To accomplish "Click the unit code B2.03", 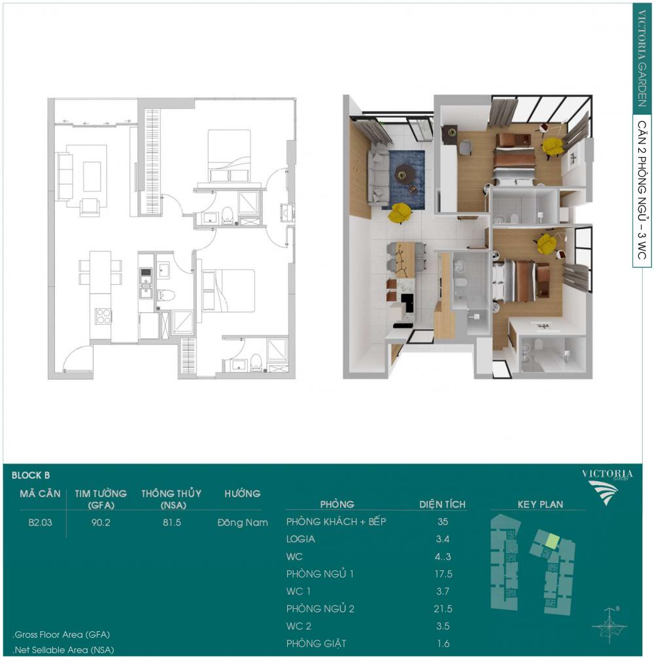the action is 41,522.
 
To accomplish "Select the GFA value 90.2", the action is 101,522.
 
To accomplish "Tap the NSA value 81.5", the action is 172,522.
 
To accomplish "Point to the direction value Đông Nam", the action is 243,522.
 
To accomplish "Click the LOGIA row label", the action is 301,539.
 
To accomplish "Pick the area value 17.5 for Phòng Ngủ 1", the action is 443,574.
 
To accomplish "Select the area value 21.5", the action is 443,609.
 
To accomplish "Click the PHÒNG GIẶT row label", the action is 317,644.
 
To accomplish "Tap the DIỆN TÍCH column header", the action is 442,504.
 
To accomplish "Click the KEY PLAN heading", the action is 540,504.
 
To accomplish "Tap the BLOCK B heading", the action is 31,475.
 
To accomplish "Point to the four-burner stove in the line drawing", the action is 103,316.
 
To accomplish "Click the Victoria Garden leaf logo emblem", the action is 603,492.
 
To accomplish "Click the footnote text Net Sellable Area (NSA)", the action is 63,650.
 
